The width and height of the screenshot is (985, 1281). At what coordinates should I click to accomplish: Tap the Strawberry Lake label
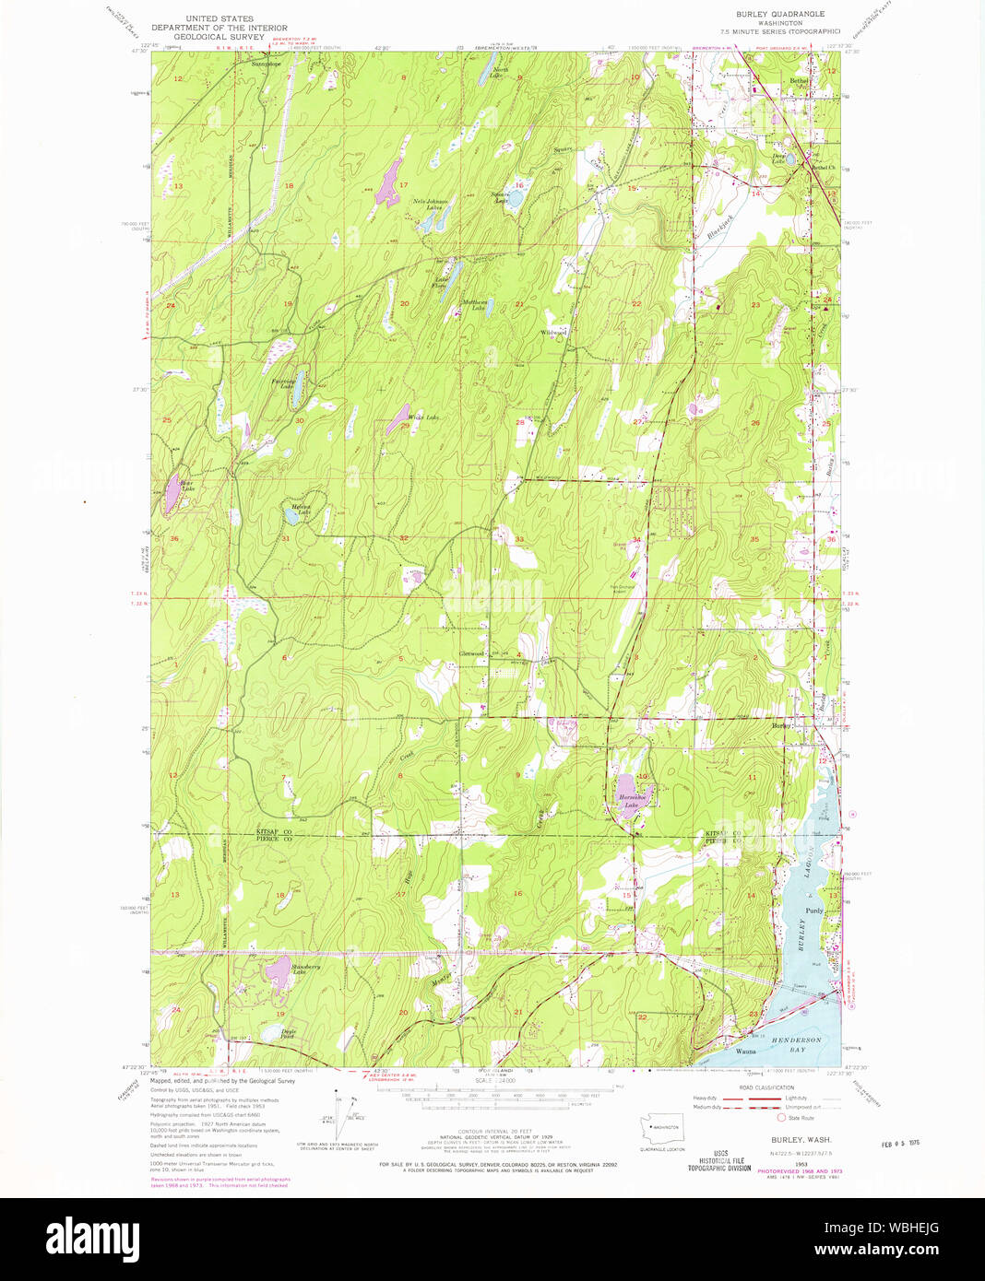pyautogui.click(x=306, y=969)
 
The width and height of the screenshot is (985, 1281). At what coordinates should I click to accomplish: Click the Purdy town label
pyautogui.click(x=813, y=911)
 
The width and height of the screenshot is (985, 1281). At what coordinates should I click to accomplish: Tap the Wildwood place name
pyautogui.click(x=552, y=332)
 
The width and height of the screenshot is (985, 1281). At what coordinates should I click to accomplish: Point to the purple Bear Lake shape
pyautogui.click(x=172, y=497)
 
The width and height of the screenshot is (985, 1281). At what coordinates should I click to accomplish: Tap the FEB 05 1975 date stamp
pyautogui.click(x=900, y=1143)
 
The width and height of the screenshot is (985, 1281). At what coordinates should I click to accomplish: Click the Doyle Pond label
pyautogui.click(x=288, y=1032)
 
